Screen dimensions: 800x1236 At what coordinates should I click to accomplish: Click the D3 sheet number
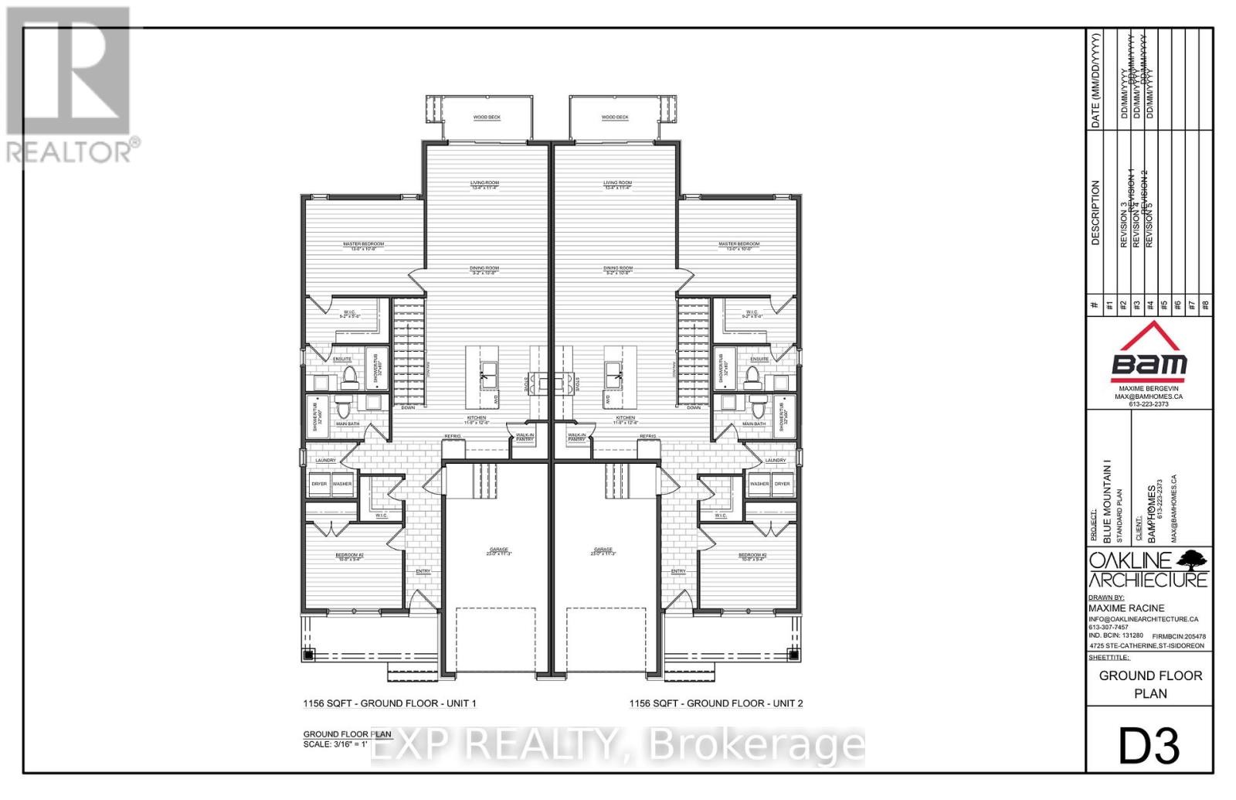[1149, 747]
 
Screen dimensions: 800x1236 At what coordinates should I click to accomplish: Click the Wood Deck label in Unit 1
[487, 117]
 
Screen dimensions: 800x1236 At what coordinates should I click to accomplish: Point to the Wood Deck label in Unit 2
[615, 117]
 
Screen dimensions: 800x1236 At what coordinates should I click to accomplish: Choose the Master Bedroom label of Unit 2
[739, 246]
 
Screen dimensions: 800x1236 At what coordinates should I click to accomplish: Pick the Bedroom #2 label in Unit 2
[752, 557]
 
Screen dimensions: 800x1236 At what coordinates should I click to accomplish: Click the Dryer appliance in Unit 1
[319, 485]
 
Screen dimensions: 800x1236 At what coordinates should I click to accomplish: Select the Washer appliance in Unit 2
[759, 485]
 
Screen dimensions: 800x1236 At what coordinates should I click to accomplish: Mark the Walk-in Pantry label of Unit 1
[525, 437]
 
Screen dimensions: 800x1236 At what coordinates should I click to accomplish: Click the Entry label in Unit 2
[678, 571]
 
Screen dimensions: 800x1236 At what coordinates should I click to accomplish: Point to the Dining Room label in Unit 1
[484, 270]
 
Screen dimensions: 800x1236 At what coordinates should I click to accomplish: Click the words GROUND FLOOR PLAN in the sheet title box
[1150, 684]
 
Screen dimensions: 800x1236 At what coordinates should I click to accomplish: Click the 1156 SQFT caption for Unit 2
[716, 703]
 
